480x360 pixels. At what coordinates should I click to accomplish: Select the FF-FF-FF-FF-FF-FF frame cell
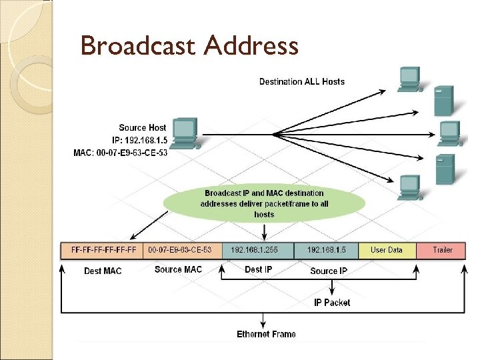(x=103, y=250)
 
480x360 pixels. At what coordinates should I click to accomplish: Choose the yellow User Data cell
(x=387, y=250)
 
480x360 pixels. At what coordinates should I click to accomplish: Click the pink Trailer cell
(x=442, y=250)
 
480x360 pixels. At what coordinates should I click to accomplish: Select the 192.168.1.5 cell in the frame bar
(x=327, y=250)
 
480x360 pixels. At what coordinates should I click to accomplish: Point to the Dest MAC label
(x=103, y=271)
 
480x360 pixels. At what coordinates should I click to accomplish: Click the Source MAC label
(x=177, y=269)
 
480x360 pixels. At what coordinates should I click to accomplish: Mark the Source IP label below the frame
(x=329, y=271)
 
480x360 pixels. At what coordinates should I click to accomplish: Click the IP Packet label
(x=332, y=303)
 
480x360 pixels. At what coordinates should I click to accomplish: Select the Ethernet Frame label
(x=266, y=334)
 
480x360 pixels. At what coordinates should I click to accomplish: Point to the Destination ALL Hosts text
(x=302, y=81)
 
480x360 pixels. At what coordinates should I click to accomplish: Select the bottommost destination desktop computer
(x=409, y=186)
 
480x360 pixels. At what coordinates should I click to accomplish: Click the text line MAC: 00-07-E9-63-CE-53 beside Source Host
(x=120, y=153)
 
